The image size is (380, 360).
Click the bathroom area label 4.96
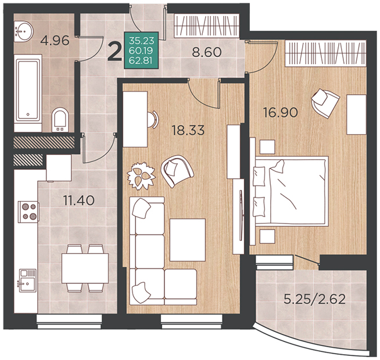tap(55, 41)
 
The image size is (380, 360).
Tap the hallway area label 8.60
tap(207, 52)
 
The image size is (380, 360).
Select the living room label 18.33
tap(188, 130)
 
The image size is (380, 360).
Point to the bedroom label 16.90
tap(281, 113)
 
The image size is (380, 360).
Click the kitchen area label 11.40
tap(79, 200)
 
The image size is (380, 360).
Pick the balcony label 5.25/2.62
tap(314, 299)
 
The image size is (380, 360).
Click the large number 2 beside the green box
tap(114, 51)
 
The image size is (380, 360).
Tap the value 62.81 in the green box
tap(141, 60)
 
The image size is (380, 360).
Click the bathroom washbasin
tap(23, 31)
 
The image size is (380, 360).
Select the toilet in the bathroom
tap(60, 120)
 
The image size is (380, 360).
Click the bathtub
tap(28, 93)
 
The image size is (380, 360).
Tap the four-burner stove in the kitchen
tap(29, 212)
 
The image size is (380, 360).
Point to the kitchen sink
tap(27, 280)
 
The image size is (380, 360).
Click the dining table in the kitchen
tap(85, 268)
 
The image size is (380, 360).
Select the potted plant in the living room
tap(141, 175)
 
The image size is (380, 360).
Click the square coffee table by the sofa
tap(188, 240)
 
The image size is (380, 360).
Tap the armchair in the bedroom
tap(325, 103)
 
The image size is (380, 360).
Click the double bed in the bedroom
tap(291, 192)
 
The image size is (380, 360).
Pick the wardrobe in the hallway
tap(207, 26)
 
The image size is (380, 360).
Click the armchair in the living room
tap(177, 171)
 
